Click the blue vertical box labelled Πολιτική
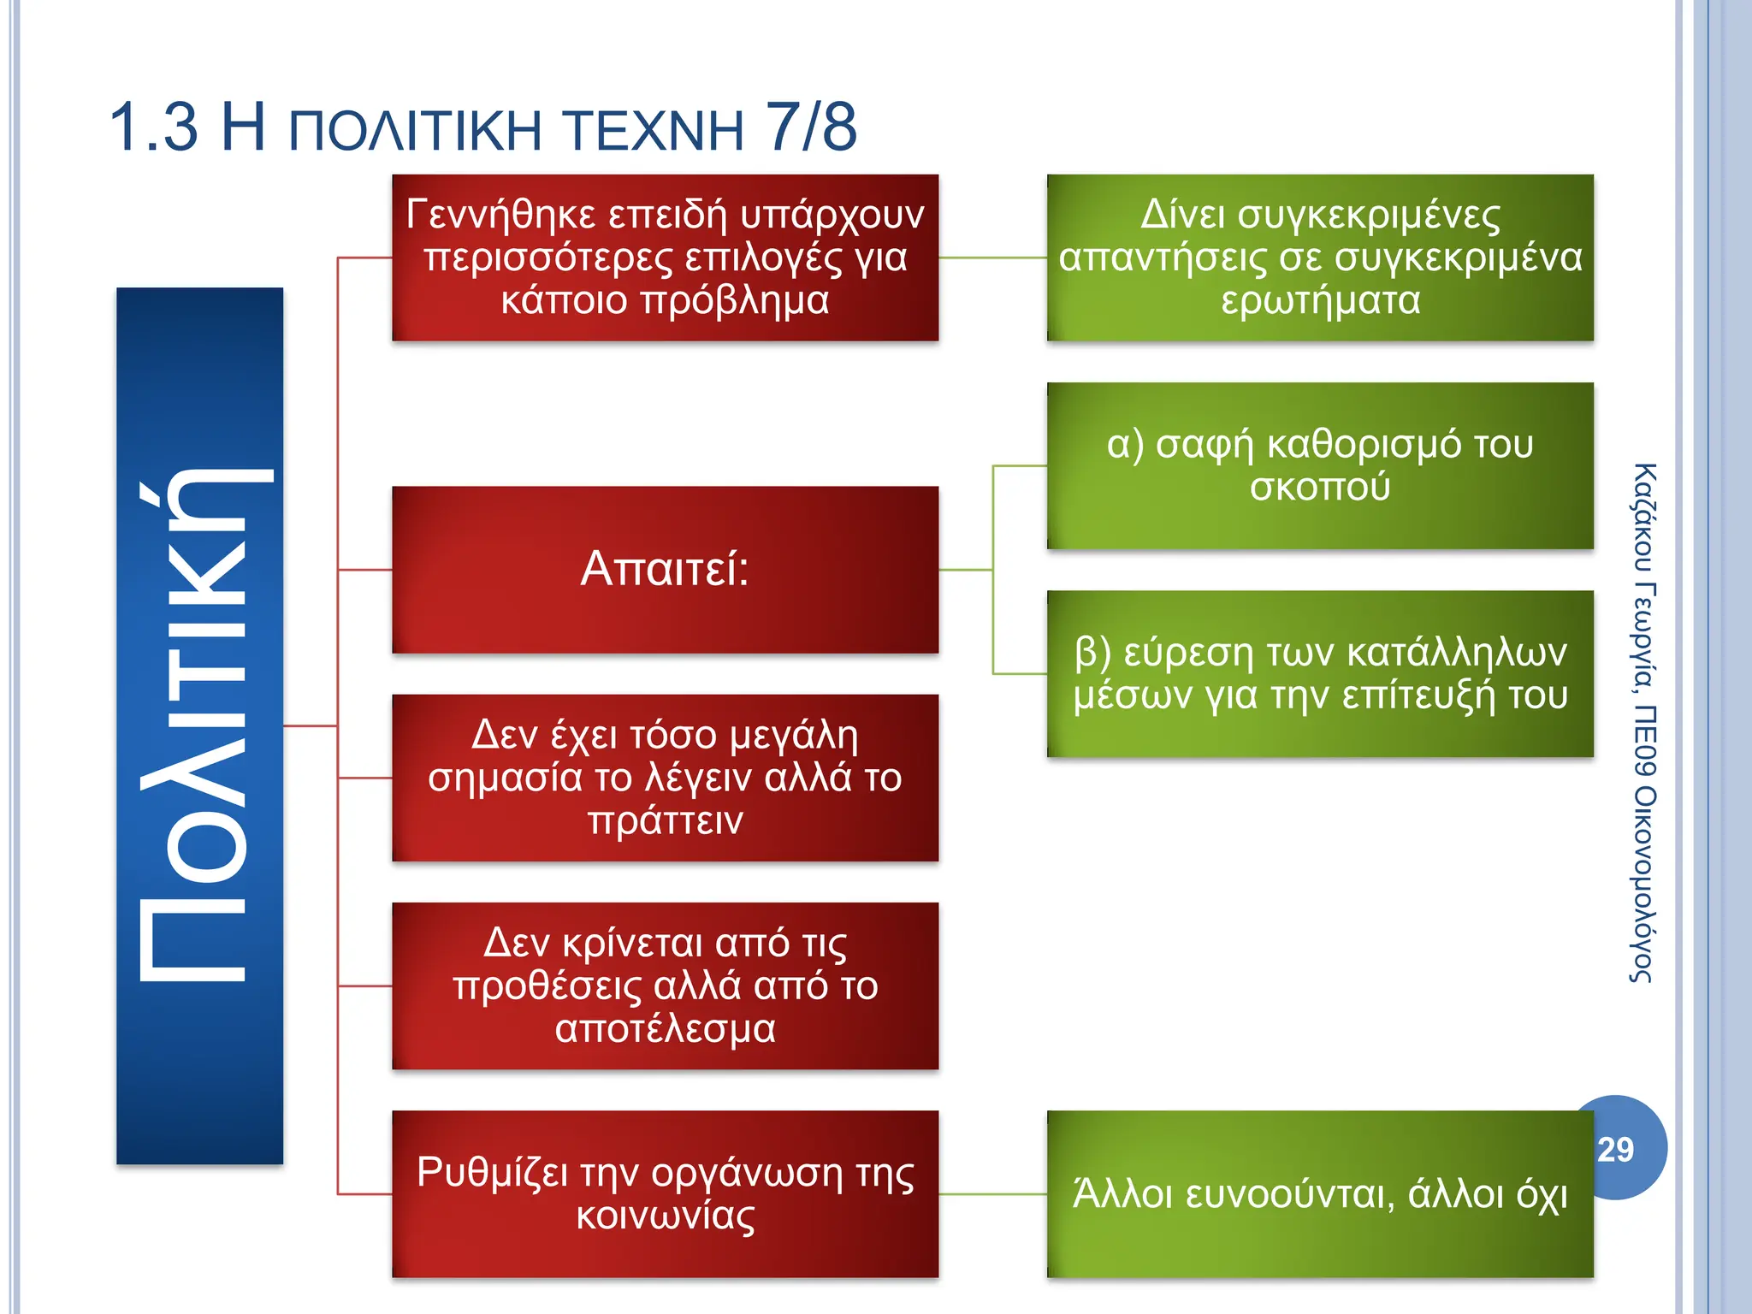199,725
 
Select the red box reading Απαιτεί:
665,570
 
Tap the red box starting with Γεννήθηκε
665,257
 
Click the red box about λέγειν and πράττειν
665,778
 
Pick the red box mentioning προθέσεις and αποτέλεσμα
665,985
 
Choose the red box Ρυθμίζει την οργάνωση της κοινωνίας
665,1193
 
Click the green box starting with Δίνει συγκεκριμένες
1320,257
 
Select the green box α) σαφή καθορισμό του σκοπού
1320,465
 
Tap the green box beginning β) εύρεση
1320,673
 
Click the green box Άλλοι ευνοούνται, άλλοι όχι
1320,1193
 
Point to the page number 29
1615,1150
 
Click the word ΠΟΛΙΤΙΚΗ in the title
416,131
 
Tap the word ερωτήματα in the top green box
1320,300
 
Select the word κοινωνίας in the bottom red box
665,1216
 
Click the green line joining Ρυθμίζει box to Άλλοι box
992,1194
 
